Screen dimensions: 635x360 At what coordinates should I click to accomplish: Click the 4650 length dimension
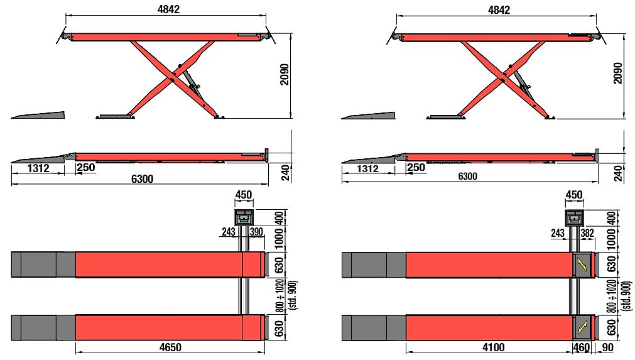tap(170, 347)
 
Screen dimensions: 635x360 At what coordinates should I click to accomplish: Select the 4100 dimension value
tap(493, 347)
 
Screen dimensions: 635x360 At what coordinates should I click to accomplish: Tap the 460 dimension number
tap(582, 347)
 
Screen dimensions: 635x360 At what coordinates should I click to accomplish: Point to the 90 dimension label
tap(607, 347)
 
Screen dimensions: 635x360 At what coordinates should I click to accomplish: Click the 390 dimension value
tap(256, 232)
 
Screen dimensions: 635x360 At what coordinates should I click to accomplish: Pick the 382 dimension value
tap(587, 233)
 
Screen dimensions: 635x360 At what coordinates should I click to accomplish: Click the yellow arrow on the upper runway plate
tap(582, 265)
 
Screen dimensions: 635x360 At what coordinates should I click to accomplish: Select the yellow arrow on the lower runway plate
tap(582, 327)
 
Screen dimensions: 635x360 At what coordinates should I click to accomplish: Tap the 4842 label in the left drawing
tap(168, 9)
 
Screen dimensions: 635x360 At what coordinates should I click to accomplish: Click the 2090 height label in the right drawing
tap(617, 74)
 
